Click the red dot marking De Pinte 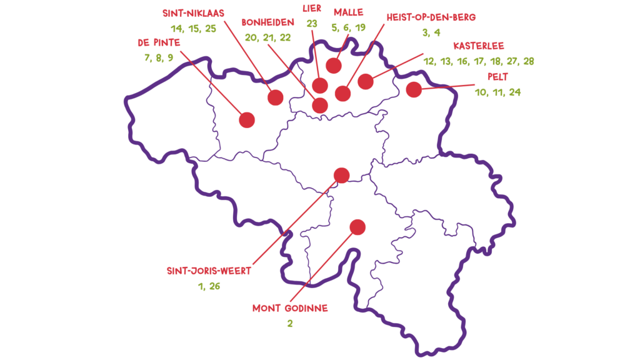[x=247, y=120]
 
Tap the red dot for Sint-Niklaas [x=276, y=97]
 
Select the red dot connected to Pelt [x=414, y=89]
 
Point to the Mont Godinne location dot [x=357, y=227]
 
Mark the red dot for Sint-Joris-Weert [x=342, y=176]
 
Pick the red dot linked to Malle [x=334, y=65]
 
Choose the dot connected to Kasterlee [x=366, y=82]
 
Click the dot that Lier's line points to [x=320, y=86]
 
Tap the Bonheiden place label [x=267, y=22]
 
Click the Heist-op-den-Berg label [x=431, y=17]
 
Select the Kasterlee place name [x=479, y=46]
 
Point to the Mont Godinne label [x=290, y=308]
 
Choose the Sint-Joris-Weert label [x=209, y=271]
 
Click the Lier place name [x=312, y=8]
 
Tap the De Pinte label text [x=159, y=42]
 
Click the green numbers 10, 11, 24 [x=498, y=92]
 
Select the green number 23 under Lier [x=312, y=24]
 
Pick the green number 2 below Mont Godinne [x=290, y=324]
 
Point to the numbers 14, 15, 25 [x=194, y=29]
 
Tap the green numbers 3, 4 [x=431, y=32]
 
